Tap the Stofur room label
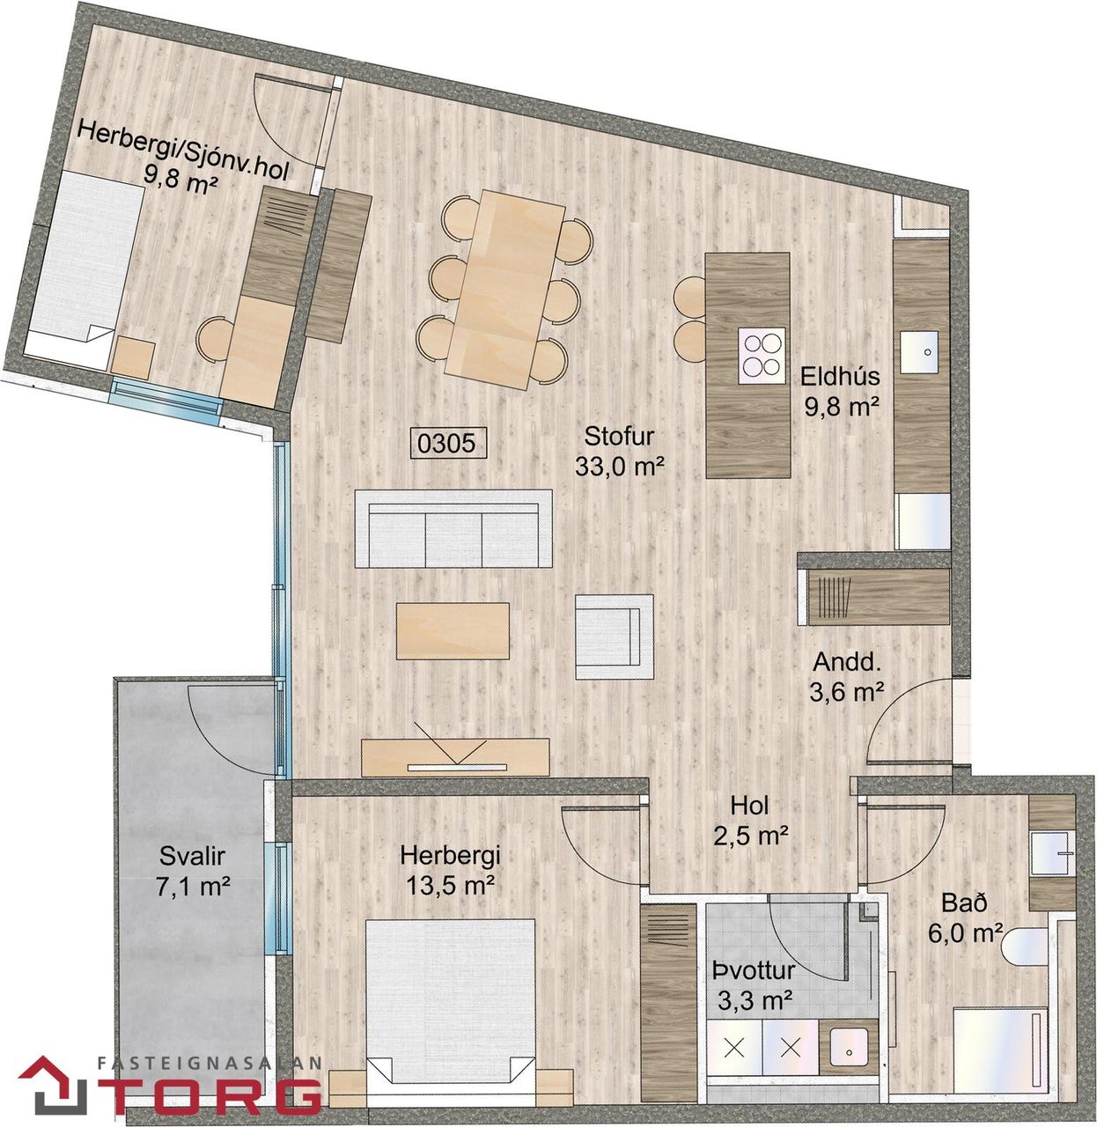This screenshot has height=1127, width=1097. click(619, 436)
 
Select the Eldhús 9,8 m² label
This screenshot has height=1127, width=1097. click(840, 391)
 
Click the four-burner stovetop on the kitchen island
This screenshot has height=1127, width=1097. click(762, 355)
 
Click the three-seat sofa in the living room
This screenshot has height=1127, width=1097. click(453, 528)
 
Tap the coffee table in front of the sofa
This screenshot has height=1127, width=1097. click(453, 630)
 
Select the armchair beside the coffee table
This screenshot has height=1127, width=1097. click(615, 637)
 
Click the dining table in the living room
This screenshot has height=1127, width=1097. click(505, 291)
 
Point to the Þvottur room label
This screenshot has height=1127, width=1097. click(754, 971)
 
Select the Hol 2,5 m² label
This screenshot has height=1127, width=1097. click(750, 820)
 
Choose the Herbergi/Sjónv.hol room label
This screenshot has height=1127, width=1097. click(182, 153)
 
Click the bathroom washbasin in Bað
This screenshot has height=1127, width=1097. click(1052, 853)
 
